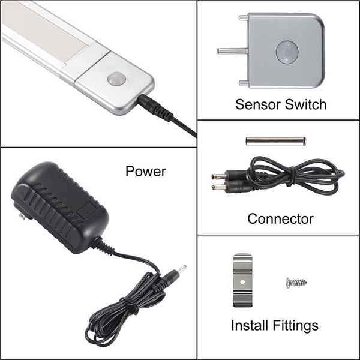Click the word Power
click(x=146, y=171)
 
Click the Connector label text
click(x=280, y=219)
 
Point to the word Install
click(x=250, y=325)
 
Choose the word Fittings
click(x=295, y=326)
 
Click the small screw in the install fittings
click(x=296, y=283)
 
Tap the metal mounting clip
click(x=242, y=280)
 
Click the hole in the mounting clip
click(x=242, y=281)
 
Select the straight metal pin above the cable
click(x=276, y=141)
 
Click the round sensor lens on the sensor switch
click(x=287, y=52)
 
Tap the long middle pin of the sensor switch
click(x=233, y=51)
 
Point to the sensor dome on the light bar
click(x=116, y=78)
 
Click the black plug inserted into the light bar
click(x=155, y=107)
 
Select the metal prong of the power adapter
click(x=23, y=217)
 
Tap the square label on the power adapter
click(x=87, y=209)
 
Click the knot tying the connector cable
click(x=292, y=174)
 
